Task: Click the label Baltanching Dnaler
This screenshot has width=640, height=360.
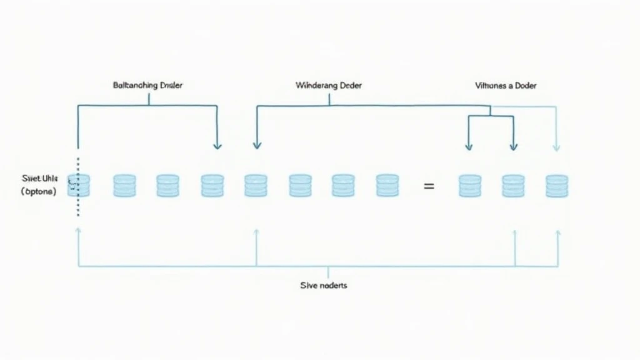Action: tap(149, 85)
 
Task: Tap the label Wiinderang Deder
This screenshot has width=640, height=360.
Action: tap(327, 85)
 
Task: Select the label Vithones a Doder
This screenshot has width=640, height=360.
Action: tap(506, 85)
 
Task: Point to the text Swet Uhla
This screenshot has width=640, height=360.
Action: tap(39, 179)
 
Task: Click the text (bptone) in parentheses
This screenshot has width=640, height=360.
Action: tap(38, 192)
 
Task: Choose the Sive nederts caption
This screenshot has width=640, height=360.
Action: tap(324, 286)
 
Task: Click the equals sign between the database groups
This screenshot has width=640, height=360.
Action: tap(429, 186)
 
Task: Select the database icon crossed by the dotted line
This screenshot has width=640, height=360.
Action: tap(79, 186)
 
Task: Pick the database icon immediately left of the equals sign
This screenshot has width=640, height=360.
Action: tap(387, 186)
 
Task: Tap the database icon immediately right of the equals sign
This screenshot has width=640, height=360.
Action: tap(470, 186)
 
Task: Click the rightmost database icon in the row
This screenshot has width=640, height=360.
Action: tap(557, 186)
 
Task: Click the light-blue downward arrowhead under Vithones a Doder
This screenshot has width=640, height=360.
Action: tap(556, 147)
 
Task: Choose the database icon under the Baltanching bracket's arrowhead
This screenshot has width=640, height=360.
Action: tap(212, 186)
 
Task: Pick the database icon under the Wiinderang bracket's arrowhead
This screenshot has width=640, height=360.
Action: tap(256, 186)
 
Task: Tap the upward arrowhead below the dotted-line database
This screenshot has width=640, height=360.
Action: tap(78, 231)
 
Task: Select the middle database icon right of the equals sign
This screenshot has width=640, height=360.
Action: tap(513, 186)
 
